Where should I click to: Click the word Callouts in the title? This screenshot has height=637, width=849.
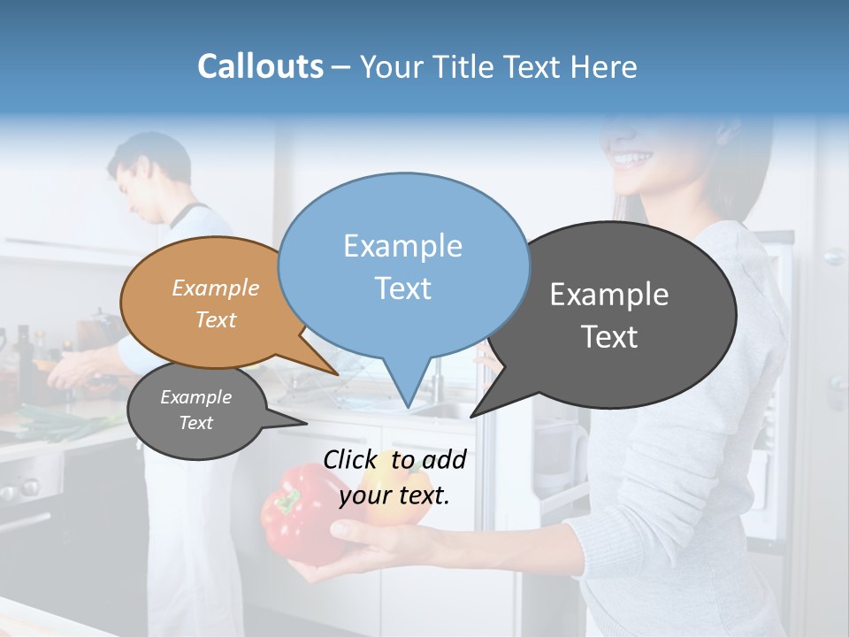(260, 66)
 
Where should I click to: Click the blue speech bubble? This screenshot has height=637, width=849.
(403, 265)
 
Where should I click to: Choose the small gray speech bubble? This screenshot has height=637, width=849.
(195, 411)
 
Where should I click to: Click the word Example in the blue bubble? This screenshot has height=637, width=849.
(402, 246)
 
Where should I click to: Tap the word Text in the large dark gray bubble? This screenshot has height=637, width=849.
(609, 337)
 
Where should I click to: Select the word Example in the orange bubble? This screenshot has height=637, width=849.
(216, 288)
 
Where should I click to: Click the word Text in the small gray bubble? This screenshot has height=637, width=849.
(196, 423)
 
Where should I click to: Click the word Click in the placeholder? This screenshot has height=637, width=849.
(353, 459)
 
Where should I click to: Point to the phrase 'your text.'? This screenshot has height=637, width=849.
(394, 495)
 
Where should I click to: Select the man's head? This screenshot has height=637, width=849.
(150, 173)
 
